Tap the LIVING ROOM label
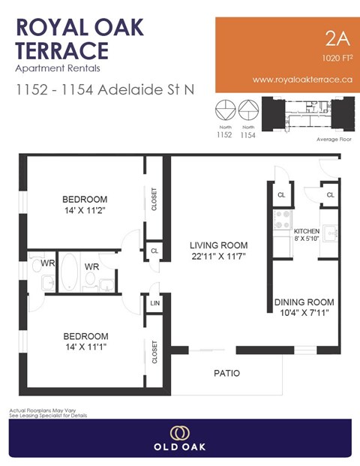[x=218, y=245]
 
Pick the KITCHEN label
[x=307, y=230]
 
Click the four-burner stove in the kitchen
[x=283, y=218]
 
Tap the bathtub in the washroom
[x=69, y=273]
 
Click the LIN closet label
[x=154, y=302]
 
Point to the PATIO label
[x=226, y=373]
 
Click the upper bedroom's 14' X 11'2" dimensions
[x=85, y=212]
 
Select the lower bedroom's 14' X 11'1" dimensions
[x=85, y=348]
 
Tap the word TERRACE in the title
[x=63, y=51]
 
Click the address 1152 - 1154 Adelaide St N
[x=104, y=89]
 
